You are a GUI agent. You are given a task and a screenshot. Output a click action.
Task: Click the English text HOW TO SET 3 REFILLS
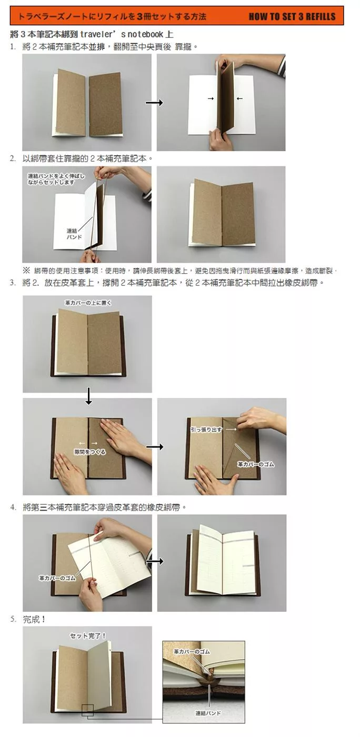point(292,16)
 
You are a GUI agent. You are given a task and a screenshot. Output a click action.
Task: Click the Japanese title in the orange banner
point(112,16)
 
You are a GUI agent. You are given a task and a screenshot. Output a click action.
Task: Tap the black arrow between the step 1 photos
point(154,103)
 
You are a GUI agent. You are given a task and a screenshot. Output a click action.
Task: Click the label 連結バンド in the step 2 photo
point(74,234)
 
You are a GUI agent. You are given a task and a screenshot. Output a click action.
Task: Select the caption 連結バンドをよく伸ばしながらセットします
point(56,179)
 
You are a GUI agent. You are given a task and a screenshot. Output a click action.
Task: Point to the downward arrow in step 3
point(88,396)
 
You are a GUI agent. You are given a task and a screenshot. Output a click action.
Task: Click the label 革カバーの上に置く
point(88,303)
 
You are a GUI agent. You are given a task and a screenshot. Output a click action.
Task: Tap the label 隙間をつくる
point(90,452)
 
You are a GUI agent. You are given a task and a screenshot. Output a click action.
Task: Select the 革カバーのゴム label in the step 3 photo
point(255,464)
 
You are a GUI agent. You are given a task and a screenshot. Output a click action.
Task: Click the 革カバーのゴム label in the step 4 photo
point(57,578)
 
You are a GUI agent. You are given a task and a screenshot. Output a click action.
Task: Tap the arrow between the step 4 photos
point(155,561)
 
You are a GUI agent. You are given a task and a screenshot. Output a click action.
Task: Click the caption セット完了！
point(87,636)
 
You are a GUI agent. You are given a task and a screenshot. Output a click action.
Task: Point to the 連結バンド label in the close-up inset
point(208,713)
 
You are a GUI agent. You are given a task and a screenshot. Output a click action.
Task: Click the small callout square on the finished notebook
point(87,710)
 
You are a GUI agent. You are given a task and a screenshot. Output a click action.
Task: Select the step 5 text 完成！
point(34,620)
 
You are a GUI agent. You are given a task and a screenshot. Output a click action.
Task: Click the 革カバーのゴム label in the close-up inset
point(192,652)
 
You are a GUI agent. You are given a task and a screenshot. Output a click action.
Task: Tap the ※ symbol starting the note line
point(26,271)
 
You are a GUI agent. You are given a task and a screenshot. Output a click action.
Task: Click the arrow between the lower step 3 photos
point(155,446)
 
